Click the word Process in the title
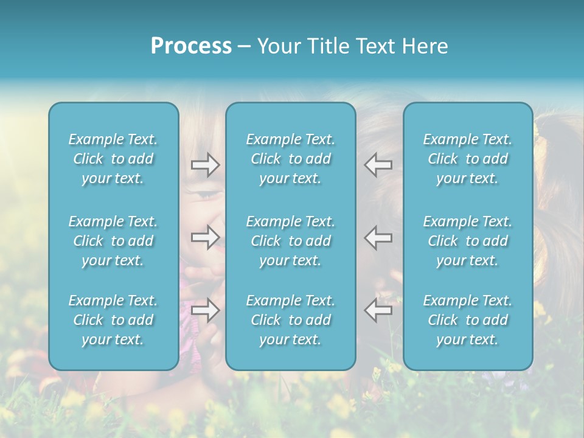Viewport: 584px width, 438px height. (191, 46)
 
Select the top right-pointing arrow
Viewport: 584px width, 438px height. (205, 165)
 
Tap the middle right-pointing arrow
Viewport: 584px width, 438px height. (205, 237)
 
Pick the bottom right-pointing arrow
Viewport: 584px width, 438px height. (205, 310)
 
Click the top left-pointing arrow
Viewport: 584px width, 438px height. (378, 165)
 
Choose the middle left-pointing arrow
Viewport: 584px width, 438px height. (378, 237)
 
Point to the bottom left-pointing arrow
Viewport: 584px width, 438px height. (378, 310)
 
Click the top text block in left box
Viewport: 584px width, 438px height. (113, 159)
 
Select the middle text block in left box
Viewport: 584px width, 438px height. (113, 241)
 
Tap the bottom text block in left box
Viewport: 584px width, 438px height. (113, 320)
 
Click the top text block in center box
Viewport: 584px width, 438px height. (291, 159)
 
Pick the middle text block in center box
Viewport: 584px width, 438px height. (291, 241)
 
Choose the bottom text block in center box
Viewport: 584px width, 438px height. (291, 320)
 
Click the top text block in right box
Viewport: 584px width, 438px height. (468, 159)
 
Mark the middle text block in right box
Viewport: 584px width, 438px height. (468, 241)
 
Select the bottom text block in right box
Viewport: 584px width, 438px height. (468, 320)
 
